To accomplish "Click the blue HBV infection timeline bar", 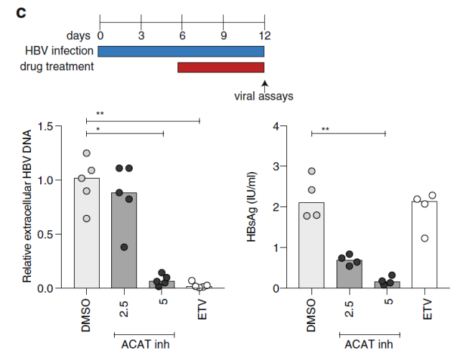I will coord(181,51).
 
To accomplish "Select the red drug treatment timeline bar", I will coord(221,67).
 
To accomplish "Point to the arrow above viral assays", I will coord(265,85).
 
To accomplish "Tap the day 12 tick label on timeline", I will coord(265,34).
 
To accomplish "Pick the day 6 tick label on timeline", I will coord(182,34).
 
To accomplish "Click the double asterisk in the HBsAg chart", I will coord(325,130).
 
